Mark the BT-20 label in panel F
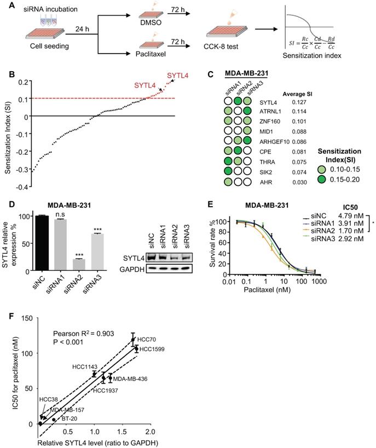pyautogui.click(x=69, y=418)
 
